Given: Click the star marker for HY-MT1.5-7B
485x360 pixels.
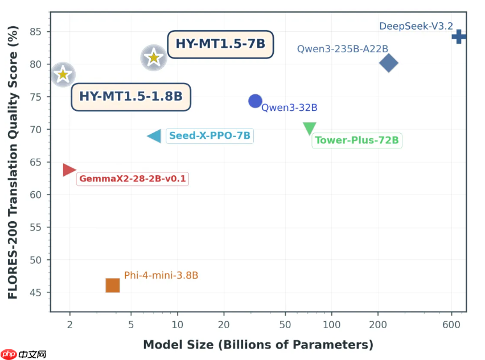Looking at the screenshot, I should coord(153,57).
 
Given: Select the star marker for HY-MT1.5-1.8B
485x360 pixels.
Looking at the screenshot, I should coord(63,75).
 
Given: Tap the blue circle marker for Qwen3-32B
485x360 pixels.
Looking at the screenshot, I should coord(255,101).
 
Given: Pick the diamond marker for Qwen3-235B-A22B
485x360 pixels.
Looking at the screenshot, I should coord(389,63).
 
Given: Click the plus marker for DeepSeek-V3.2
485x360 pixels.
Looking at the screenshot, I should coord(459,37).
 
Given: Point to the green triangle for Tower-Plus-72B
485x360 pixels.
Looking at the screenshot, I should coord(309,128).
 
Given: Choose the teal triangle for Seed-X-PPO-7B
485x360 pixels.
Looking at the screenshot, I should coord(155,136).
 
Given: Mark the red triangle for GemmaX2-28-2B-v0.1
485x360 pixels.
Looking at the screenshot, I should coord(69,169).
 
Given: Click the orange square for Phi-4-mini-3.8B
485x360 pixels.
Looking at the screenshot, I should coord(113,285).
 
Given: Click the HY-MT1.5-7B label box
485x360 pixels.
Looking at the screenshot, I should coord(220,44).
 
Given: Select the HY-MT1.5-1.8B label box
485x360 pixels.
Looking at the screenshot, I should coord(131,97).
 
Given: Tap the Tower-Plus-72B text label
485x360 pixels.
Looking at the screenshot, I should coord(357,140).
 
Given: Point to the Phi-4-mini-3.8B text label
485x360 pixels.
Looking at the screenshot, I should coord(161,276).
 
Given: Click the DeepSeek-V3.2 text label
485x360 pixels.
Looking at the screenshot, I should coord(416,26).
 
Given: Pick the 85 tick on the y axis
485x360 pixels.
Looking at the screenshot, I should coord(37,31).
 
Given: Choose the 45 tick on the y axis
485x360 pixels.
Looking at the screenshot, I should coord(37,293).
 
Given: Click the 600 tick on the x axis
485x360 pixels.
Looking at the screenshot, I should coord(451,324).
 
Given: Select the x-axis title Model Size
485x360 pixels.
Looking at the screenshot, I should coord(258,345).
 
